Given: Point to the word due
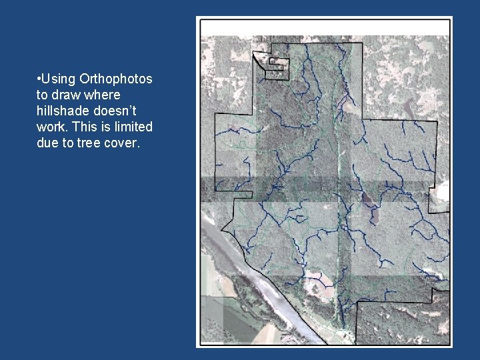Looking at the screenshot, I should [x=49, y=143].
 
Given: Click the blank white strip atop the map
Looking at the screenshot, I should [x=325, y=27].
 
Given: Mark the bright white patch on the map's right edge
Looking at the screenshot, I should [x=441, y=193].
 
